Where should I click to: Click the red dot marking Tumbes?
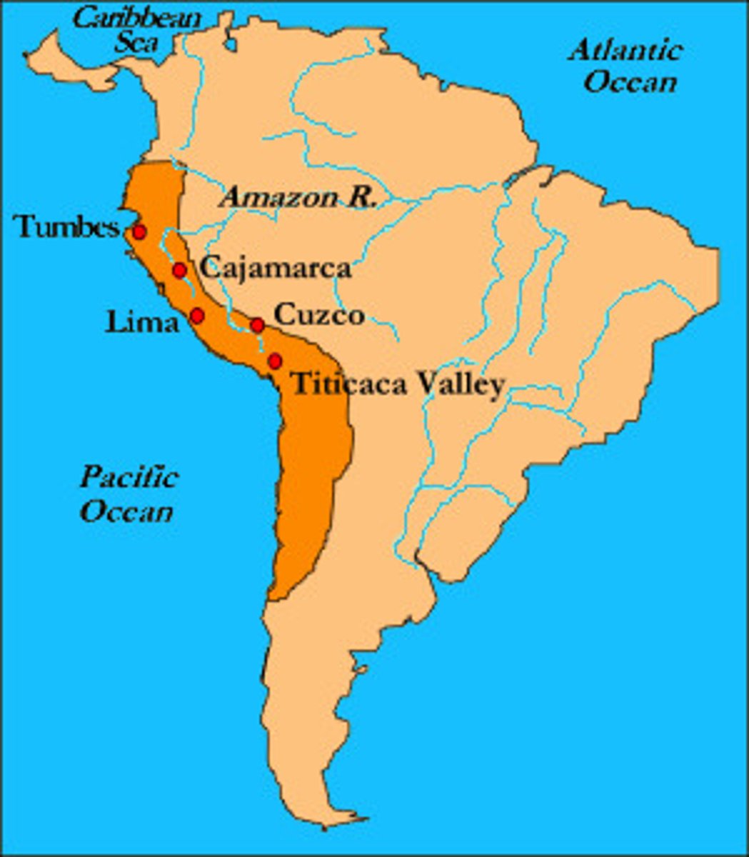[x=139, y=232]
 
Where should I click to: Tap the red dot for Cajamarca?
[x=180, y=270]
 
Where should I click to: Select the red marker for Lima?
[x=197, y=315]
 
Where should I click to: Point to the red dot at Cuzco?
[x=257, y=326]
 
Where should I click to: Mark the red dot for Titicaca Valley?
[x=275, y=361]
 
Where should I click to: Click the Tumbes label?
[x=67, y=228]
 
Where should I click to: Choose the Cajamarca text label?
[x=276, y=269]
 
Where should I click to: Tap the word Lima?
[x=141, y=323]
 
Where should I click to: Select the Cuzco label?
[x=319, y=315]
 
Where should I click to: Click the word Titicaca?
[x=350, y=384]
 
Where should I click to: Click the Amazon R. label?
[x=298, y=196]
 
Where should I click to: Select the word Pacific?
[x=128, y=477]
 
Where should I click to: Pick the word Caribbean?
[x=137, y=18]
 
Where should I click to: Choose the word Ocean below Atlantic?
[x=630, y=81]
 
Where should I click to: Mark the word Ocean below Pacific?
[x=126, y=511]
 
